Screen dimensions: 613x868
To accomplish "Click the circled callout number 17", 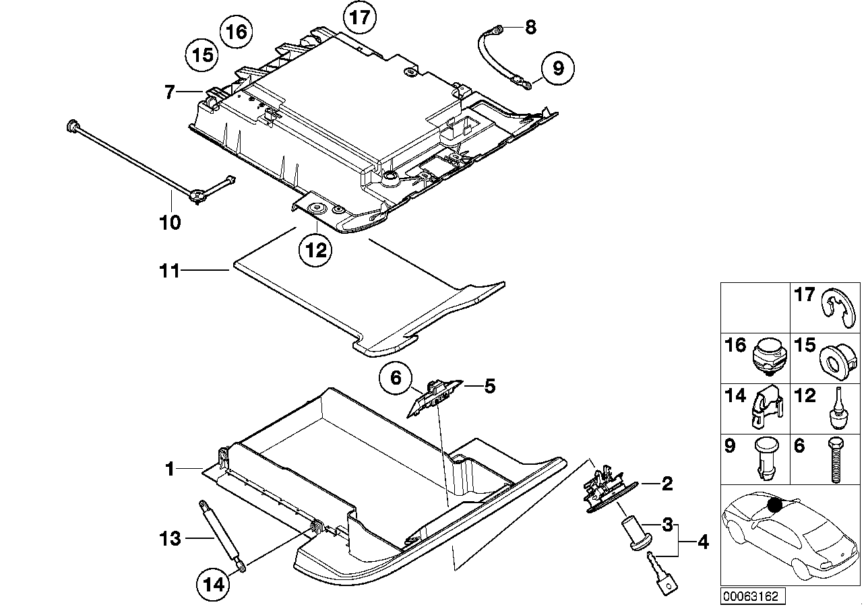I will pos(361,17).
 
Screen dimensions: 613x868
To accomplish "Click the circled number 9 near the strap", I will pos(557,68).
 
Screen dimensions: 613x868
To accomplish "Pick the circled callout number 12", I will pos(315,251).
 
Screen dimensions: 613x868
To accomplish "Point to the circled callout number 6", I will pos(396,379).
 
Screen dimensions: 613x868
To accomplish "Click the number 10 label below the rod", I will pos(170,222).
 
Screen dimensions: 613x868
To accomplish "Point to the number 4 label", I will pos(702,541).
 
